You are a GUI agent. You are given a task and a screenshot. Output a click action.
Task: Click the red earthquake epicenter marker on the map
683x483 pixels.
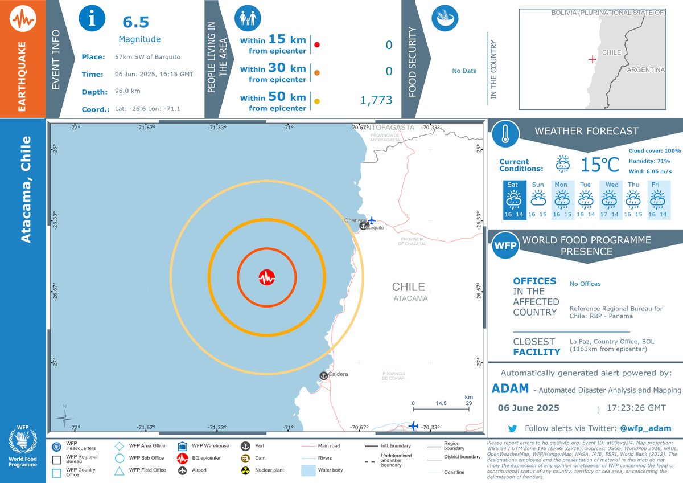click(x=266, y=277)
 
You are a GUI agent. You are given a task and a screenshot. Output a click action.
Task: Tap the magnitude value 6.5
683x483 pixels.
click(x=136, y=22)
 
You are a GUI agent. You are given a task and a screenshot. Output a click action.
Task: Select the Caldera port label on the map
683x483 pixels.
click(x=338, y=374)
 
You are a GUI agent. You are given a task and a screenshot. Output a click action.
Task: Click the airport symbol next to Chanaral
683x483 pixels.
click(x=372, y=220)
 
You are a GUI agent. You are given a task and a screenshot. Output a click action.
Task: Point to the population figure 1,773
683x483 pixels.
click(x=376, y=100)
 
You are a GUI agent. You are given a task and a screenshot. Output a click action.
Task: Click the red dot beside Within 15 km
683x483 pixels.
click(x=317, y=44)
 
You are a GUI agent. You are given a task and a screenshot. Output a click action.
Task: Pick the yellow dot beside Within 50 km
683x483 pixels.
click(x=317, y=101)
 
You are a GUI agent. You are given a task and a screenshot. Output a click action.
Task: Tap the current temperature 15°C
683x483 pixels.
click(x=599, y=165)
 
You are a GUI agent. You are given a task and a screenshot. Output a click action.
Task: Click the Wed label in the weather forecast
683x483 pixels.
click(x=612, y=185)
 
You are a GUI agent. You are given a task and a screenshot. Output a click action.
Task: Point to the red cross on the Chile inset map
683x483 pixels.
click(x=593, y=59)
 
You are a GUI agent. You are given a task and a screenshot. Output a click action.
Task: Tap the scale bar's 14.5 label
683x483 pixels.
click(x=441, y=403)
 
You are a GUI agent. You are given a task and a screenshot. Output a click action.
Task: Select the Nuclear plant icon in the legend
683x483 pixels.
click(x=246, y=471)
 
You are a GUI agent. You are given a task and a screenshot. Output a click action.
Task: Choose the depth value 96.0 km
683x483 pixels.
click(x=127, y=91)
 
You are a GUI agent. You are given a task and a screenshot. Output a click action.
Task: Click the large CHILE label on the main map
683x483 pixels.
click(x=408, y=286)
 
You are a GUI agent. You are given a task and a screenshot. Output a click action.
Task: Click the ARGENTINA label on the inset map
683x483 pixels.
click(x=645, y=69)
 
